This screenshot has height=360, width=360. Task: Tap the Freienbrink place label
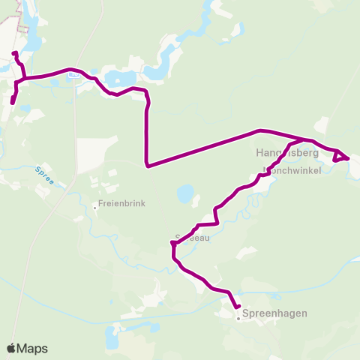click(121, 203)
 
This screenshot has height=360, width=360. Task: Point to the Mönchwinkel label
click(297, 171)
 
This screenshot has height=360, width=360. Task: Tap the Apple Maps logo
click(27, 348)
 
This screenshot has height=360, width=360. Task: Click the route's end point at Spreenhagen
click(237, 307)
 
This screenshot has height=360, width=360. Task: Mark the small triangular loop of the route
click(340, 156)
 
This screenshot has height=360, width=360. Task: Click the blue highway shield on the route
click(73, 74)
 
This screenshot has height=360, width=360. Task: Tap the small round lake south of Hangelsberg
click(184, 195)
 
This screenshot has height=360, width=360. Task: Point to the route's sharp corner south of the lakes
click(148, 165)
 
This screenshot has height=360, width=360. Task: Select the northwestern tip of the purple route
click(14, 52)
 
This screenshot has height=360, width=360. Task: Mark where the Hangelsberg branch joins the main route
click(304, 139)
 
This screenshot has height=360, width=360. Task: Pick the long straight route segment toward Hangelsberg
click(202, 148)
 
